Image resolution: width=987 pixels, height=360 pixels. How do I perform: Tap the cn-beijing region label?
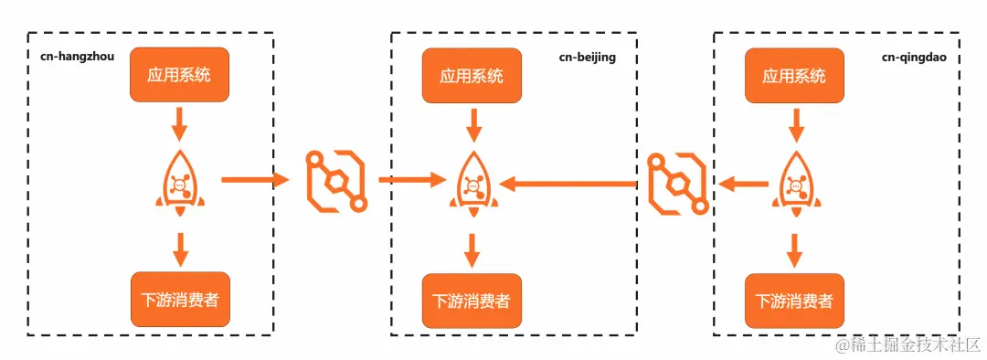[588, 57]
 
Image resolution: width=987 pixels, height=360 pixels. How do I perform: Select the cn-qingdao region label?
[913, 57]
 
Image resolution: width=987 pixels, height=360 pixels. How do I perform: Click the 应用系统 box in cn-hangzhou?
[179, 75]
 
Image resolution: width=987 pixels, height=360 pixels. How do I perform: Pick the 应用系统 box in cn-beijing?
[472, 75]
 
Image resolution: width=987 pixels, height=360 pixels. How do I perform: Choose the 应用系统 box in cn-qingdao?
[794, 75]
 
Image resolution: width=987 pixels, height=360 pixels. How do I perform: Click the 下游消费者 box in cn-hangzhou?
[179, 300]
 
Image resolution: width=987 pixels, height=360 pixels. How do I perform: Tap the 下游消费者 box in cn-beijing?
[472, 301]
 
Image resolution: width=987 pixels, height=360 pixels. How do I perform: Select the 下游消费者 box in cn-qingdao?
[794, 300]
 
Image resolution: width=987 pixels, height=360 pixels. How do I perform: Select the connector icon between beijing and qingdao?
[676, 183]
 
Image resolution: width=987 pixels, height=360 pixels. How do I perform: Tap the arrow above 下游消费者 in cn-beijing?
[472, 249]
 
